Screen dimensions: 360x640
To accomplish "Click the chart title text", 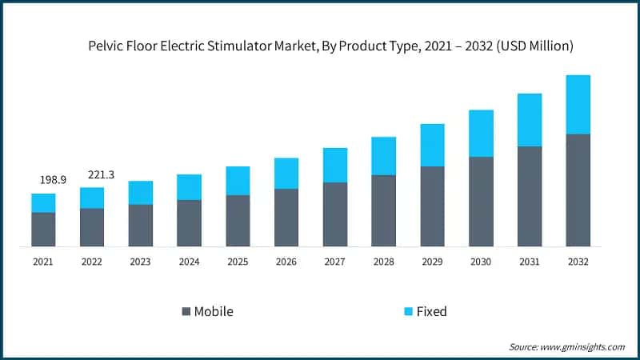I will pyautogui.click(x=330, y=46).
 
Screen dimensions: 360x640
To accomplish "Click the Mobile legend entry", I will pyautogui.click(x=207, y=311).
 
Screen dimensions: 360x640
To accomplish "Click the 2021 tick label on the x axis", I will pyautogui.click(x=43, y=261).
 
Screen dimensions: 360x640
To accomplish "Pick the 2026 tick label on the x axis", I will pyautogui.click(x=286, y=261).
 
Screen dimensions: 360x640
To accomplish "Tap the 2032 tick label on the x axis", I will pyautogui.click(x=578, y=261).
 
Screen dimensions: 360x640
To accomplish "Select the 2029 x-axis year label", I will pyautogui.click(x=432, y=261).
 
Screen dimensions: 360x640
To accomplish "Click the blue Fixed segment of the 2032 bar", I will pyautogui.click(x=578, y=104).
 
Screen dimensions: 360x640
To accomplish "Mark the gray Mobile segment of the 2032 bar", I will pyautogui.click(x=578, y=190).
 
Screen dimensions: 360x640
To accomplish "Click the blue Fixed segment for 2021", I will pyautogui.click(x=43, y=203).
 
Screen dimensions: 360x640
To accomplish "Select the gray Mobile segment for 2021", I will pyautogui.click(x=43, y=229).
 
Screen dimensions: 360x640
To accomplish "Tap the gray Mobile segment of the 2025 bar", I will pyautogui.click(x=238, y=220).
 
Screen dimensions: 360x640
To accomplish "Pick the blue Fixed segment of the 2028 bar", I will pyautogui.click(x=383, y=156).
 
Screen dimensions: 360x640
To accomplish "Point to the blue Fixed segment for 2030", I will pyautogui.click(x=481, y=134).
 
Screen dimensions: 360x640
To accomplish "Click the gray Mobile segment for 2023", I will pyautogui.click(x=141, y=225).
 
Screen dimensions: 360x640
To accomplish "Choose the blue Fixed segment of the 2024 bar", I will pyautogui.click(x=189, y=187).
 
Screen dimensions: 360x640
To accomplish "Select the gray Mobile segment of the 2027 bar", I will pyautogui.click(x=335, y=214).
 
